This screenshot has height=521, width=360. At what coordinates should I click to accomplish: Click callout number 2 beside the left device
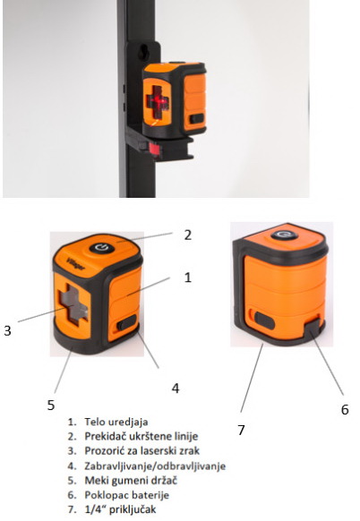tap(188, 235)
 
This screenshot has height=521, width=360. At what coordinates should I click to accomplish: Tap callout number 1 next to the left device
tap(188, 278)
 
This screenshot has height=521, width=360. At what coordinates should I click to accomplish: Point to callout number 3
tap(7, 330)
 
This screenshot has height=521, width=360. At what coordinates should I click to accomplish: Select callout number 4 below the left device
tap(176, 388)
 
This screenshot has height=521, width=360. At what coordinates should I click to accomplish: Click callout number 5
tap(50, 405)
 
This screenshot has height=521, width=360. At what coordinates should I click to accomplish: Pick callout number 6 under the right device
tap(345, 409)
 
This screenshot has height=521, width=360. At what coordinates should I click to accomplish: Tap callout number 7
tap(241, 430)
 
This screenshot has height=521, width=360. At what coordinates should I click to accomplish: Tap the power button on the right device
tap(284, 235)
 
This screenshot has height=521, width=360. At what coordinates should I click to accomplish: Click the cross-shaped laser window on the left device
tap(73, 304)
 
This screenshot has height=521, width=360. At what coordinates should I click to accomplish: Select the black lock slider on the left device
tap(127, 322)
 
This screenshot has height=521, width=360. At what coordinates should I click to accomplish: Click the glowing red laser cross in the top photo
tap(158, 101)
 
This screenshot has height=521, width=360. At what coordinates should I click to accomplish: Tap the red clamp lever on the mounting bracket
tap(154, 149)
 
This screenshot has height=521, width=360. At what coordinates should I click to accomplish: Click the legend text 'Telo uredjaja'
tap(116, 422)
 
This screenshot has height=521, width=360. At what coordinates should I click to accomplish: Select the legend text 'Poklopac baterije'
tap(126, 495)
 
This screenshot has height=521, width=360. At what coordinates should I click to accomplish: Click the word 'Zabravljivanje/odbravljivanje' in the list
tap(155, 465)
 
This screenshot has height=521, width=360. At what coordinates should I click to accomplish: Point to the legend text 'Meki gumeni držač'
tap(131, 481)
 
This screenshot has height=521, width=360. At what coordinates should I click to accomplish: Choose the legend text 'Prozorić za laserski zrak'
tap(141, 451)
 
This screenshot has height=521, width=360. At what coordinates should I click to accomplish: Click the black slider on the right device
tap(264, 320)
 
